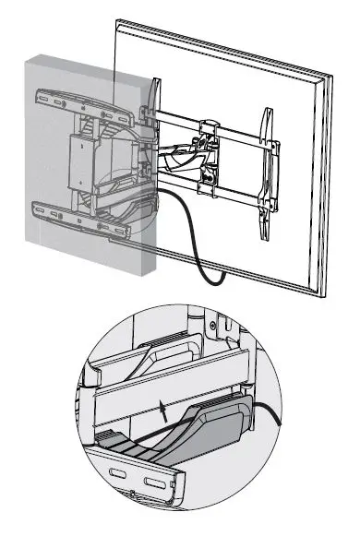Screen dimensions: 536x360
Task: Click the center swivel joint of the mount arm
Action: pyautogui.click(x=205, y=152)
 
